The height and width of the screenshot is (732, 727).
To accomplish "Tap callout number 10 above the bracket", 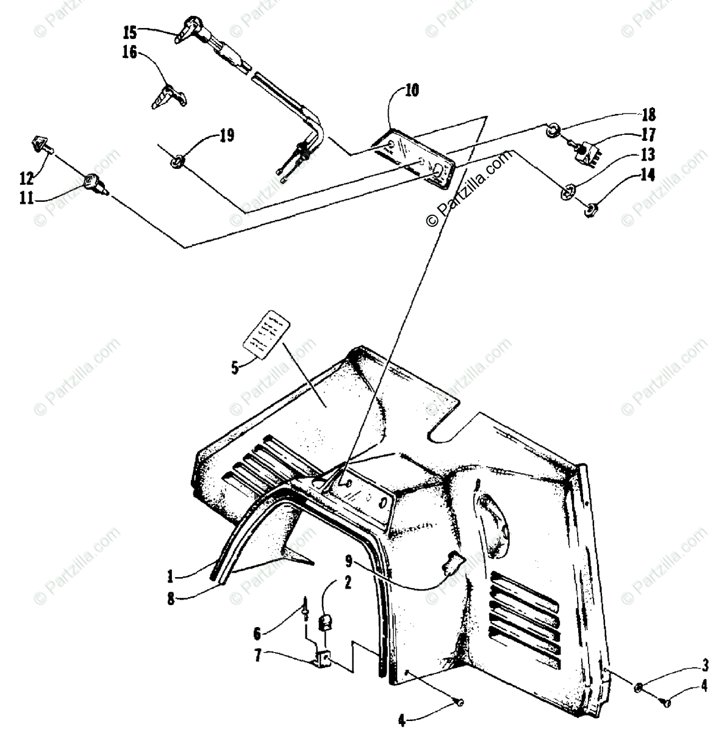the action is [412, 91].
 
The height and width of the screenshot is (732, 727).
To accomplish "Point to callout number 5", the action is [235, 367].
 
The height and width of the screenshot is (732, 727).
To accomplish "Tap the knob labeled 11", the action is [93, 181].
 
